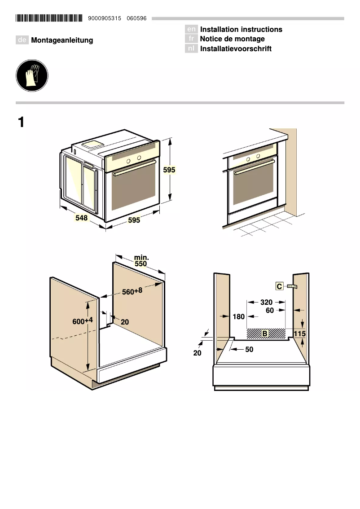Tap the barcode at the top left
49,18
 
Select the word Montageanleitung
62,40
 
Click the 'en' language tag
191,30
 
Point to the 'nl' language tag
191,48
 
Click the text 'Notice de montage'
232,39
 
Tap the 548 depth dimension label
82,218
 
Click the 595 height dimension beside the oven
169,171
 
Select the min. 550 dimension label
141,261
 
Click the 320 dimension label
267,303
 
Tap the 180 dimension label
239,317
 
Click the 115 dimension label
300,333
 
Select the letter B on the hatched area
265,333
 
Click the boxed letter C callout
279,286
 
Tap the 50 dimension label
250,349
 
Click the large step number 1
21,122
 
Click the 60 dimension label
269,310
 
